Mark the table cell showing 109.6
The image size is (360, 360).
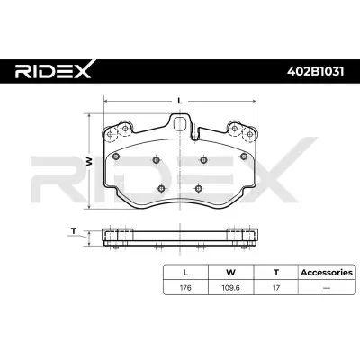click(232, 290)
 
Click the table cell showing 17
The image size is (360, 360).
click(275, 290)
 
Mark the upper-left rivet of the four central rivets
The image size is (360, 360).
click(157, 160)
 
